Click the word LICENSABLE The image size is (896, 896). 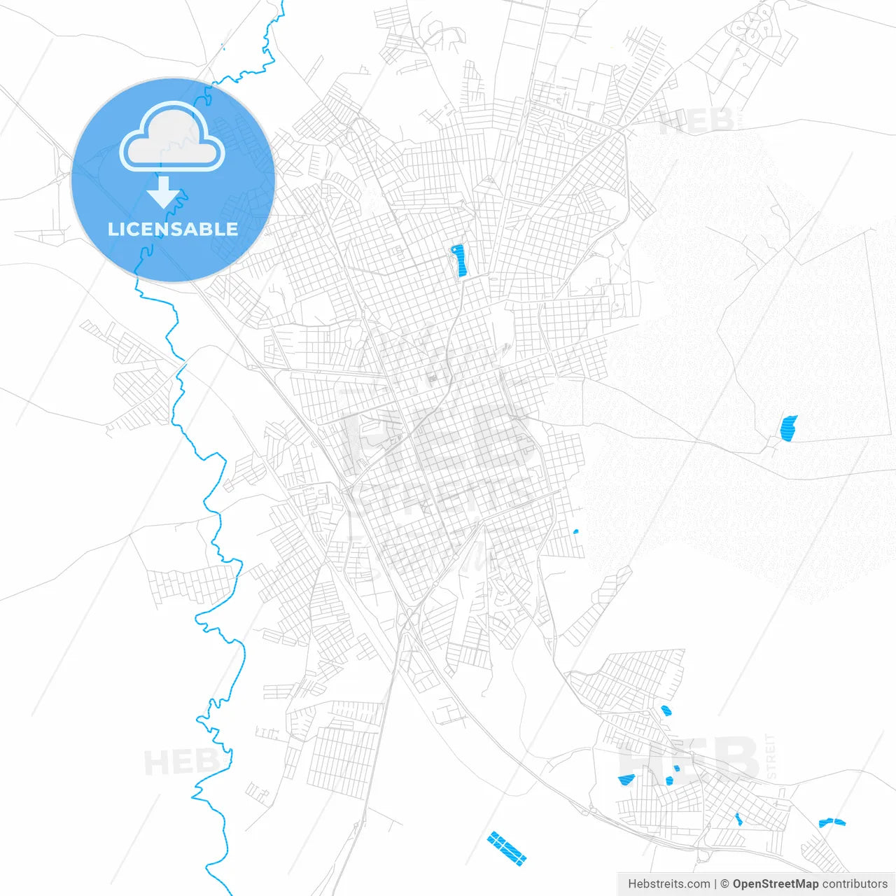172,229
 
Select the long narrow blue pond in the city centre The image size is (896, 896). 459,260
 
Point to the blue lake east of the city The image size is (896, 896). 788,428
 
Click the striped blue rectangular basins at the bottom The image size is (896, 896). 507,848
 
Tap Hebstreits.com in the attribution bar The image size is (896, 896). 668,884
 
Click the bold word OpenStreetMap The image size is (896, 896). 776,884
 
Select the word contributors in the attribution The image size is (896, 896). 855,884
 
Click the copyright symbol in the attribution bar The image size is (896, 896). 724,884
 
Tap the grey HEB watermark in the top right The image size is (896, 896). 696,120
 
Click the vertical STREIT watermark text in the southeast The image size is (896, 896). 771,757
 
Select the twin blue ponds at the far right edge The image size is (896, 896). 832,822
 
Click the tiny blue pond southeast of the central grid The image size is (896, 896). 575,532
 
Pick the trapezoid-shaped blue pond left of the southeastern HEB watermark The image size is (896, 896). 626,780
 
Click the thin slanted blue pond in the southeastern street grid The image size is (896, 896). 738,819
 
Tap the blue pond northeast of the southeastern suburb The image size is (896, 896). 666,710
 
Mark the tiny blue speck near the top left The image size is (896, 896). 222,47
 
